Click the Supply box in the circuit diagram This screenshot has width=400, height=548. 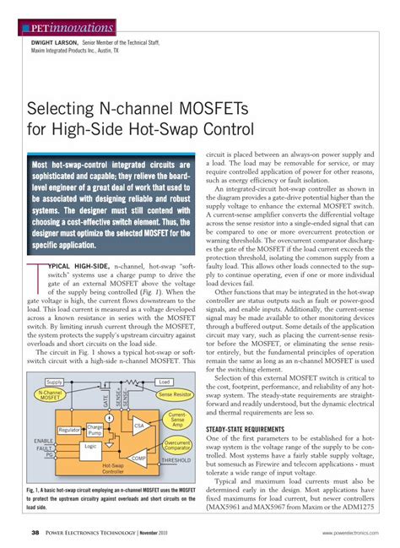coord(54,382)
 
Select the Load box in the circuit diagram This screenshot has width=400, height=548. coord(164,382)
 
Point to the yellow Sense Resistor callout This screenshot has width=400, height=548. coord(176,394)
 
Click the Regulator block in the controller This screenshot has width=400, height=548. coord(69,430)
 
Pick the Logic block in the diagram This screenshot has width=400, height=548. coord(91,446)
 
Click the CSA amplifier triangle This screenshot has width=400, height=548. coord(139,426)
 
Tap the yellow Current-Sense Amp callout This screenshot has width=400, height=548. coord(178,420)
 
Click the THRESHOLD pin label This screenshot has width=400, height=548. coord(176,461)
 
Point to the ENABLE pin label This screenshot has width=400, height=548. coord(44,441)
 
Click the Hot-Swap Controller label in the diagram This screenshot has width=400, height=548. coord(90,468)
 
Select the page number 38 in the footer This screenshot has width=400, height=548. coord(35,532)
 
